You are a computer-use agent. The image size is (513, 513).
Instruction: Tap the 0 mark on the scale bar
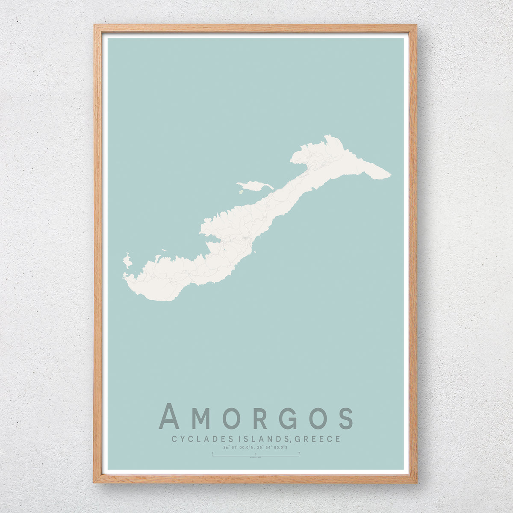click(x=212, y=453)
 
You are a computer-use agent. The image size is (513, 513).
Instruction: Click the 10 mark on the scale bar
click(x=298, y=453)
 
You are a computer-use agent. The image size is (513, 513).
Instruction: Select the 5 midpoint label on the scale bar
click(x=255, y=453)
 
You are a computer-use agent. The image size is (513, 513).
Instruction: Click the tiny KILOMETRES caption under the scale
click(x=255, y=458)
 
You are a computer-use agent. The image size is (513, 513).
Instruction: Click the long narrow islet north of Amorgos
click(x=255, y=186)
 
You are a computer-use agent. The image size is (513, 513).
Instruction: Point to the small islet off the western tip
click(x=127, y=260)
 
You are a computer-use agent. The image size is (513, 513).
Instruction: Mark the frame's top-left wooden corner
click(x=97, y=28)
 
